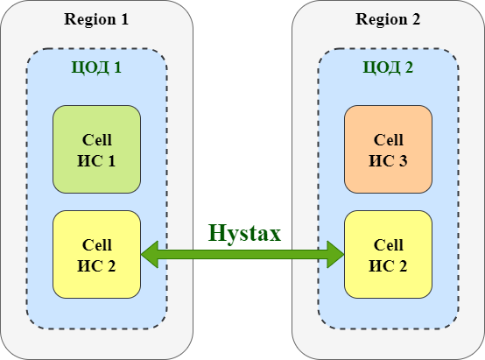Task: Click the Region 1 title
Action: tap(96, 19)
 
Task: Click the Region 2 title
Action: tap(388, 19)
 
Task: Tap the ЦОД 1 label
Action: tap(96, 67)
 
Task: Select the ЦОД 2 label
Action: tap(388, 67)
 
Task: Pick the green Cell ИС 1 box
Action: tap(96, 149)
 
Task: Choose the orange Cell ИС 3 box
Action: tap(388, 149)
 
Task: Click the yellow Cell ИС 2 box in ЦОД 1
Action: tap(96, 255)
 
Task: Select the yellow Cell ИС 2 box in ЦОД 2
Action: tap(388, 255)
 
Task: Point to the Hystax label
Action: tap(244, 233)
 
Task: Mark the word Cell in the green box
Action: tap(96, 140)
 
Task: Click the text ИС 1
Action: tap(96, 161)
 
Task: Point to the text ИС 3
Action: tap(388, 161)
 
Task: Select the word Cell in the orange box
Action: tap(388, 140)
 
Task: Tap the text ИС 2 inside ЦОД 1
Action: tap(96, 266)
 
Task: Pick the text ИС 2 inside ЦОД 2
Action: tap(388, 266)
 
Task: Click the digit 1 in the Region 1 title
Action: tap(124, 19)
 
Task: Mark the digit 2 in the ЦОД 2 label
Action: tap(409, 67)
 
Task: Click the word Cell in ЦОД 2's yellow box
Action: tap(388, 245)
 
